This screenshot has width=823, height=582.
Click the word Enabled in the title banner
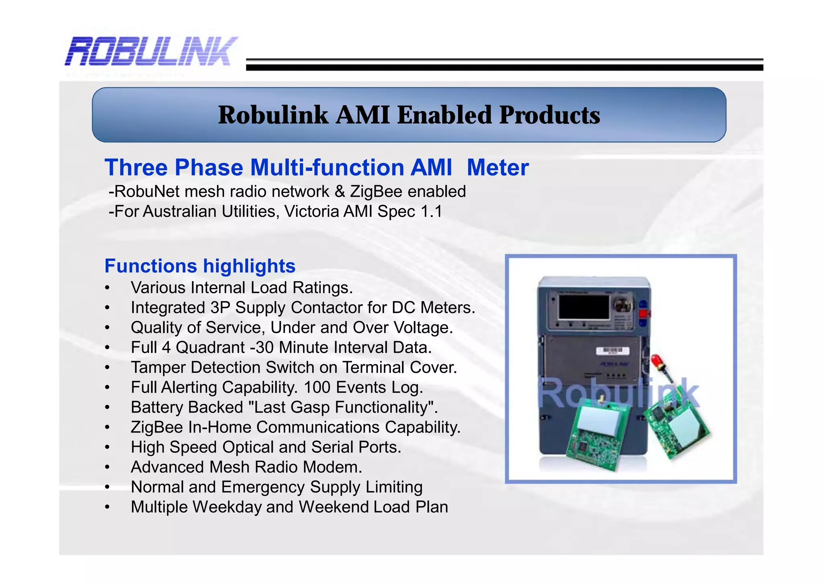pyautogui.click(x=444, y=115)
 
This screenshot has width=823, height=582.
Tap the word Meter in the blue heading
pyautogui.click(x=497, y=167)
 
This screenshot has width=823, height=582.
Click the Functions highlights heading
pyautogui.click(x=200, y=266)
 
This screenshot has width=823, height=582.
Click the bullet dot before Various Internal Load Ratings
pyautogui.click(x=107, y=288)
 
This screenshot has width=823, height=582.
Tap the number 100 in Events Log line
pyautogui.click(x=317, y=388)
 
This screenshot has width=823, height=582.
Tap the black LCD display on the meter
pyautogui.click(x=584, y=307)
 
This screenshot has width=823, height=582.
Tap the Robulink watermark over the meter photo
pyautogui.click(x=619, y=394)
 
